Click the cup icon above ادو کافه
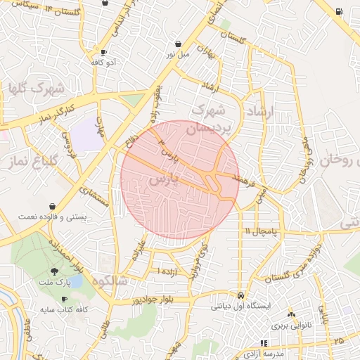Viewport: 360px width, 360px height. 104,52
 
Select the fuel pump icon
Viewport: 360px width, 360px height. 340,11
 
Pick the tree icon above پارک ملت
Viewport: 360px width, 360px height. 56,272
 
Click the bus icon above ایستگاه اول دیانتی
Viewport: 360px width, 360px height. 241,295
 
